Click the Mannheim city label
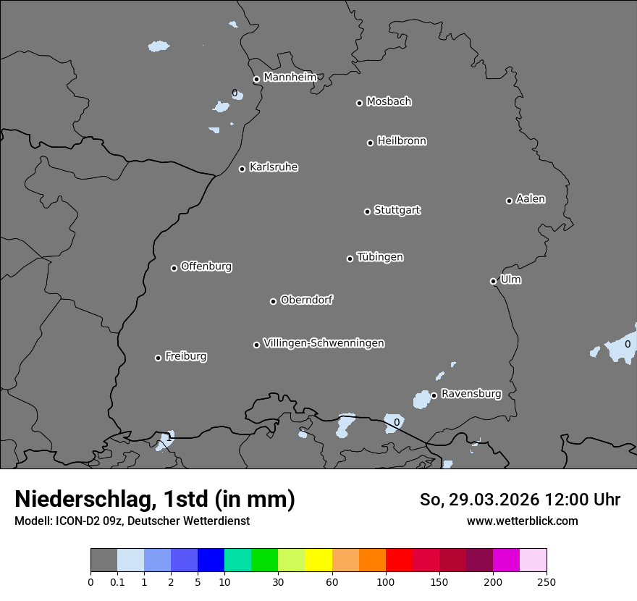pyautogui.click(x=290, y=77)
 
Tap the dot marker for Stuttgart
pyautogui.click(x=367, y=211)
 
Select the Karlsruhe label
pyautogui.click(x=274, y=167)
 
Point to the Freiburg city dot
pyautogui.click(x=158, y=358)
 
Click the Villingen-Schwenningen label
pyautogui.click(x=324, y=343)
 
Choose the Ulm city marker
pyautogui.click(x=493, y=281)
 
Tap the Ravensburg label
pyautogui.click(x=471, y=394)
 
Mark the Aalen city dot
pyautogui.click(x=509, y=201)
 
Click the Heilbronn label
pyautogui.click(x=402, y=141)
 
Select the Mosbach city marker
pyautogui.click(x=359, y=103)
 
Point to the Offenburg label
pyautogui.click(x=206, y=266)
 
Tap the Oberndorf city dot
pyautogui.click(x=273, y=301)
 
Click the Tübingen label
pyautogui.click(x=380, y=257)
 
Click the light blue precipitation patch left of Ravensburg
pyautogui.click(x=421, y=399)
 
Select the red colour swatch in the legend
pyautogui.click(x=399, y=560)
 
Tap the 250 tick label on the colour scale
pyautogui.click(x=547, y=581)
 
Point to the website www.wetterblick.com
pyautogui.click(x=522, y=521)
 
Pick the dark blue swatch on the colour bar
pyautogui.click(x=211, y=560)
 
